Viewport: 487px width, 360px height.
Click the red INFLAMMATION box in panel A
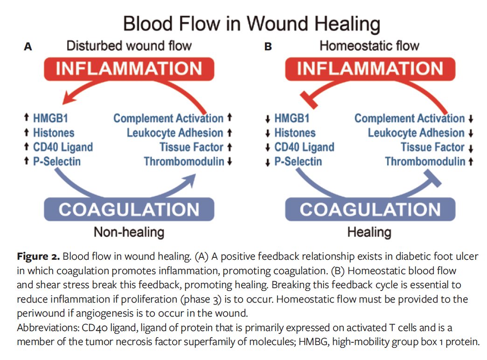point(129,69)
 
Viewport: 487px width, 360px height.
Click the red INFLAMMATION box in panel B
point(370,69)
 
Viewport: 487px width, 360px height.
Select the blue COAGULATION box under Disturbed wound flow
point(129,209)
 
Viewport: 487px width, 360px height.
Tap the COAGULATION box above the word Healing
point(370,209)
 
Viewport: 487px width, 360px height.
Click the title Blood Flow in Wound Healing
point(251,23)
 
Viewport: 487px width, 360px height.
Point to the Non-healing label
point(129,232)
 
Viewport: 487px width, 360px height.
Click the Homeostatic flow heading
point(369,46)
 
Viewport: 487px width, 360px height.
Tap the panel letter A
point(28,47)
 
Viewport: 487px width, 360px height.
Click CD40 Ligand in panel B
point(304,147)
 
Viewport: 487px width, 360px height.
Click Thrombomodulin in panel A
point(184,162)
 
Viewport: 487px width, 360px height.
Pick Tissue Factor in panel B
point(432,147)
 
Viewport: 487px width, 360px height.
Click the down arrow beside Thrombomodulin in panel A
point(229,162)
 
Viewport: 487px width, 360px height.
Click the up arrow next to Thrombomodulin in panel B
point(471,162)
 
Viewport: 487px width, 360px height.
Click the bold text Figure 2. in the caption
point(38,256)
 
